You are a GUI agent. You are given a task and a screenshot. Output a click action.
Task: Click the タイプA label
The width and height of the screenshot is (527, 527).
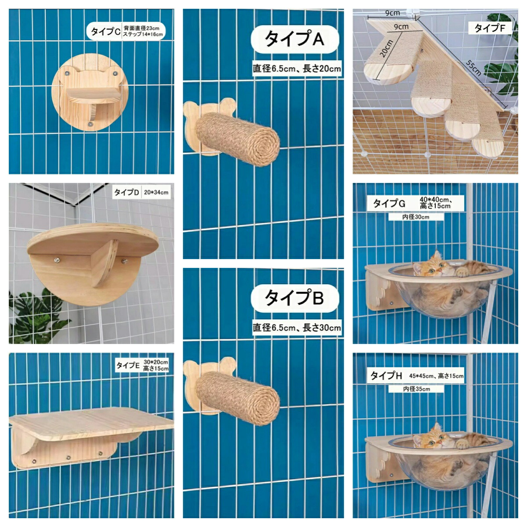click(295, 39)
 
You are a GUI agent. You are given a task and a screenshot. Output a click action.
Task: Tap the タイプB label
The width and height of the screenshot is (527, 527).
click(295, 298)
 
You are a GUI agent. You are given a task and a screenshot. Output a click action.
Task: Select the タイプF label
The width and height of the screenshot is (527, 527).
click(489, 28)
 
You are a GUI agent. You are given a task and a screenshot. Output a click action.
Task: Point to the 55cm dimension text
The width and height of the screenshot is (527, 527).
click(473, 68)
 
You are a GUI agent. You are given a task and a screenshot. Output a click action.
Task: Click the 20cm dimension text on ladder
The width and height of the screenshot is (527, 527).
click(386, 48)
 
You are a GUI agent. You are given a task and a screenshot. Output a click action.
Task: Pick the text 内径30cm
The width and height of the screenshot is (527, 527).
click(416, 217)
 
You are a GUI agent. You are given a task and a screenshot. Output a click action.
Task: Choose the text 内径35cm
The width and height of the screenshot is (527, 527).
click(416, 389)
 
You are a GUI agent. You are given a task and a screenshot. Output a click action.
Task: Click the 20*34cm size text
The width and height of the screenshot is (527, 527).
click(156, 192)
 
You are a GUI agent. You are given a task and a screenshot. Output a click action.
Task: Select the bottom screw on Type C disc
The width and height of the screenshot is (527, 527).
click(90, 124)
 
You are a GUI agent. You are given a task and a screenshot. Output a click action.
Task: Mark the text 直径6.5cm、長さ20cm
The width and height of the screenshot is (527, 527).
click(297, 69)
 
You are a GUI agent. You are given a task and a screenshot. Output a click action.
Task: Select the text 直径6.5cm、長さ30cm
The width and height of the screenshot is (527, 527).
click(297, 328)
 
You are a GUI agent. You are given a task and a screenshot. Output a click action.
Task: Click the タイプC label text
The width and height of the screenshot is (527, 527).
click(105, 32)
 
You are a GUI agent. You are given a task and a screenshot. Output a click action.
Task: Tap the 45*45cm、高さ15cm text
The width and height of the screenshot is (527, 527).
click(436, 376)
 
